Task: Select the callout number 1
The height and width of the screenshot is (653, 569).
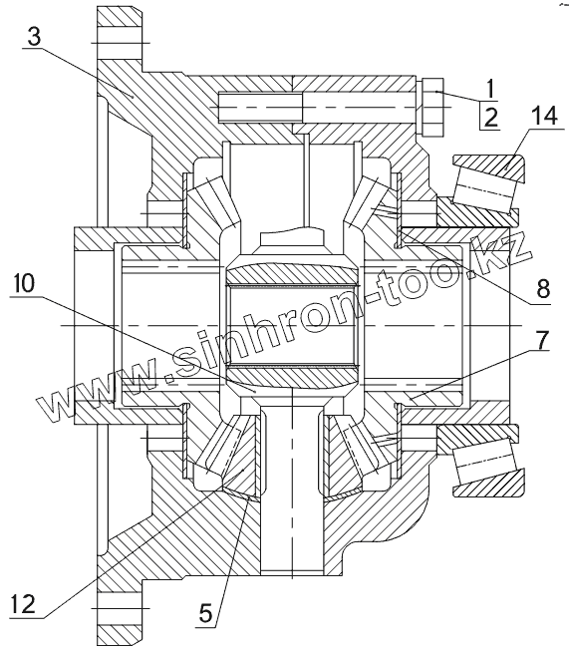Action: coord(490,89)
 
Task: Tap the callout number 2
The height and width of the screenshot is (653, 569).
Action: coord(491,118)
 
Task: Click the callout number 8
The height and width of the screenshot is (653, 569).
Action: coord(543,288)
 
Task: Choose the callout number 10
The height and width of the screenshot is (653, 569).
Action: coord(24,285)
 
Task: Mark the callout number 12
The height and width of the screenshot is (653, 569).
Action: coord(23,604)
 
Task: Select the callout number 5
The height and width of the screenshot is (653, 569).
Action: coord(206,613)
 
